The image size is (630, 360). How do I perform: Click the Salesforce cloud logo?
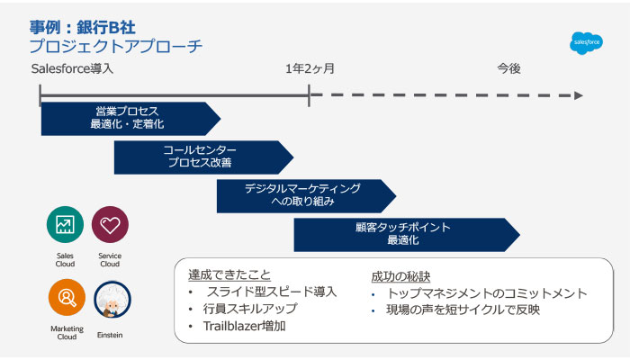tap(587, 42)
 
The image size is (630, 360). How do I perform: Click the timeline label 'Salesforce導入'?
tap(72, 68)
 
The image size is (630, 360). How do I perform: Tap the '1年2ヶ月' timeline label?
tap(310, 68)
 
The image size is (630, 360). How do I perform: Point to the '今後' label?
tap(508, 68)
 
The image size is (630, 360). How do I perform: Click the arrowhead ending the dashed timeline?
tap(579, 94)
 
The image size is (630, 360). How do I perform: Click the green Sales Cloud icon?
tap(65, 225)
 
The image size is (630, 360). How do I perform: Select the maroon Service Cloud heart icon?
tap(110, 225)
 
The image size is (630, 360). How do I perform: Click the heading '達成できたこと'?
tap(229, 275)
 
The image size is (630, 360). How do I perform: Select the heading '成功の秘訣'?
tap(400, 276)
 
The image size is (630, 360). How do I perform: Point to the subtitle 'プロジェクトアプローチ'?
tap(114, 46)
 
